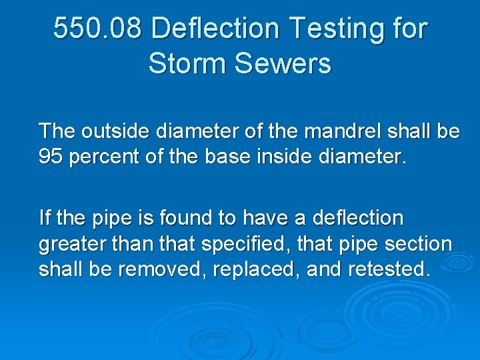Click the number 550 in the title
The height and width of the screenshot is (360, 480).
point(75,29)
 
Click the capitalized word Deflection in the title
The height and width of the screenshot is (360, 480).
point(216,29)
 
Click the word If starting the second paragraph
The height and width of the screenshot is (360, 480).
point(45,217)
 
